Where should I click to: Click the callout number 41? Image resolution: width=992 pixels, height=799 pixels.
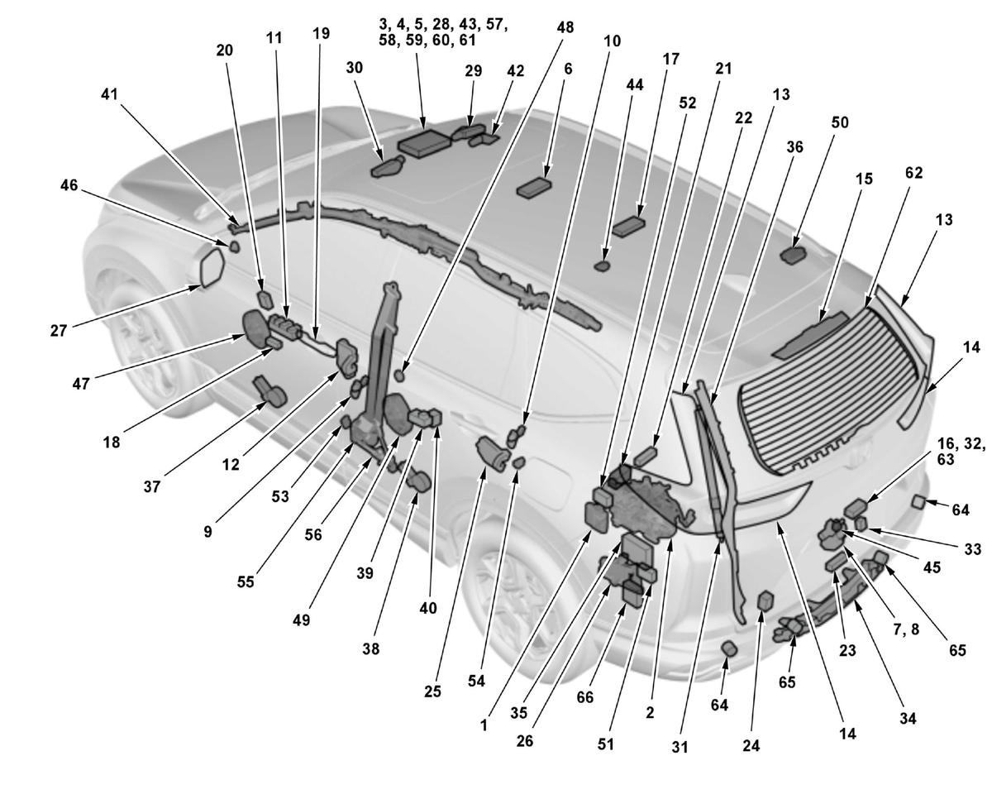point(110,94)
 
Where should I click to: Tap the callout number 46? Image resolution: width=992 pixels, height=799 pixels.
point(69,185)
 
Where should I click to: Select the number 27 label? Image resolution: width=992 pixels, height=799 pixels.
point(59,331)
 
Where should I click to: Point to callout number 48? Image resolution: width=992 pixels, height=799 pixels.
point(565,27)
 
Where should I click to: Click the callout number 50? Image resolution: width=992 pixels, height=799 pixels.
point(840,122)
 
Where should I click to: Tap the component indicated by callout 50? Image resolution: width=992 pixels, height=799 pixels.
point(794,255)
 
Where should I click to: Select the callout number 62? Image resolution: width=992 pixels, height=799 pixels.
point(913,173)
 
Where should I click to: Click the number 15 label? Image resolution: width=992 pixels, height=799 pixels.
point(865,179)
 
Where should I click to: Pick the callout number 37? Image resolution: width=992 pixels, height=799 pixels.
point(151,486)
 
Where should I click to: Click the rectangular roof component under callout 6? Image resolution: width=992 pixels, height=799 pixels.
point(534,189)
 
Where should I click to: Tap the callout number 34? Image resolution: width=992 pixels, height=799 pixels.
point(908,718)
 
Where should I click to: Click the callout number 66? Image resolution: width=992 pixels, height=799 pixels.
point(585,697)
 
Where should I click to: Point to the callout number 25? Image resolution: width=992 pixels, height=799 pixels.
point(432,691)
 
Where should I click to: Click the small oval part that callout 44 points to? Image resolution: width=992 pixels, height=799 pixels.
point(602,266)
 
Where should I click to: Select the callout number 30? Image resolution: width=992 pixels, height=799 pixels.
point(354,68)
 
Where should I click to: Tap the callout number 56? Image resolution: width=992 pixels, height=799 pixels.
point(313,534)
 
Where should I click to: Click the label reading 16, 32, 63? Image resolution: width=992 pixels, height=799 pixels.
point(961,452)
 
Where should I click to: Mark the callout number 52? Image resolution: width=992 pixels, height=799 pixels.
point(687,103)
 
